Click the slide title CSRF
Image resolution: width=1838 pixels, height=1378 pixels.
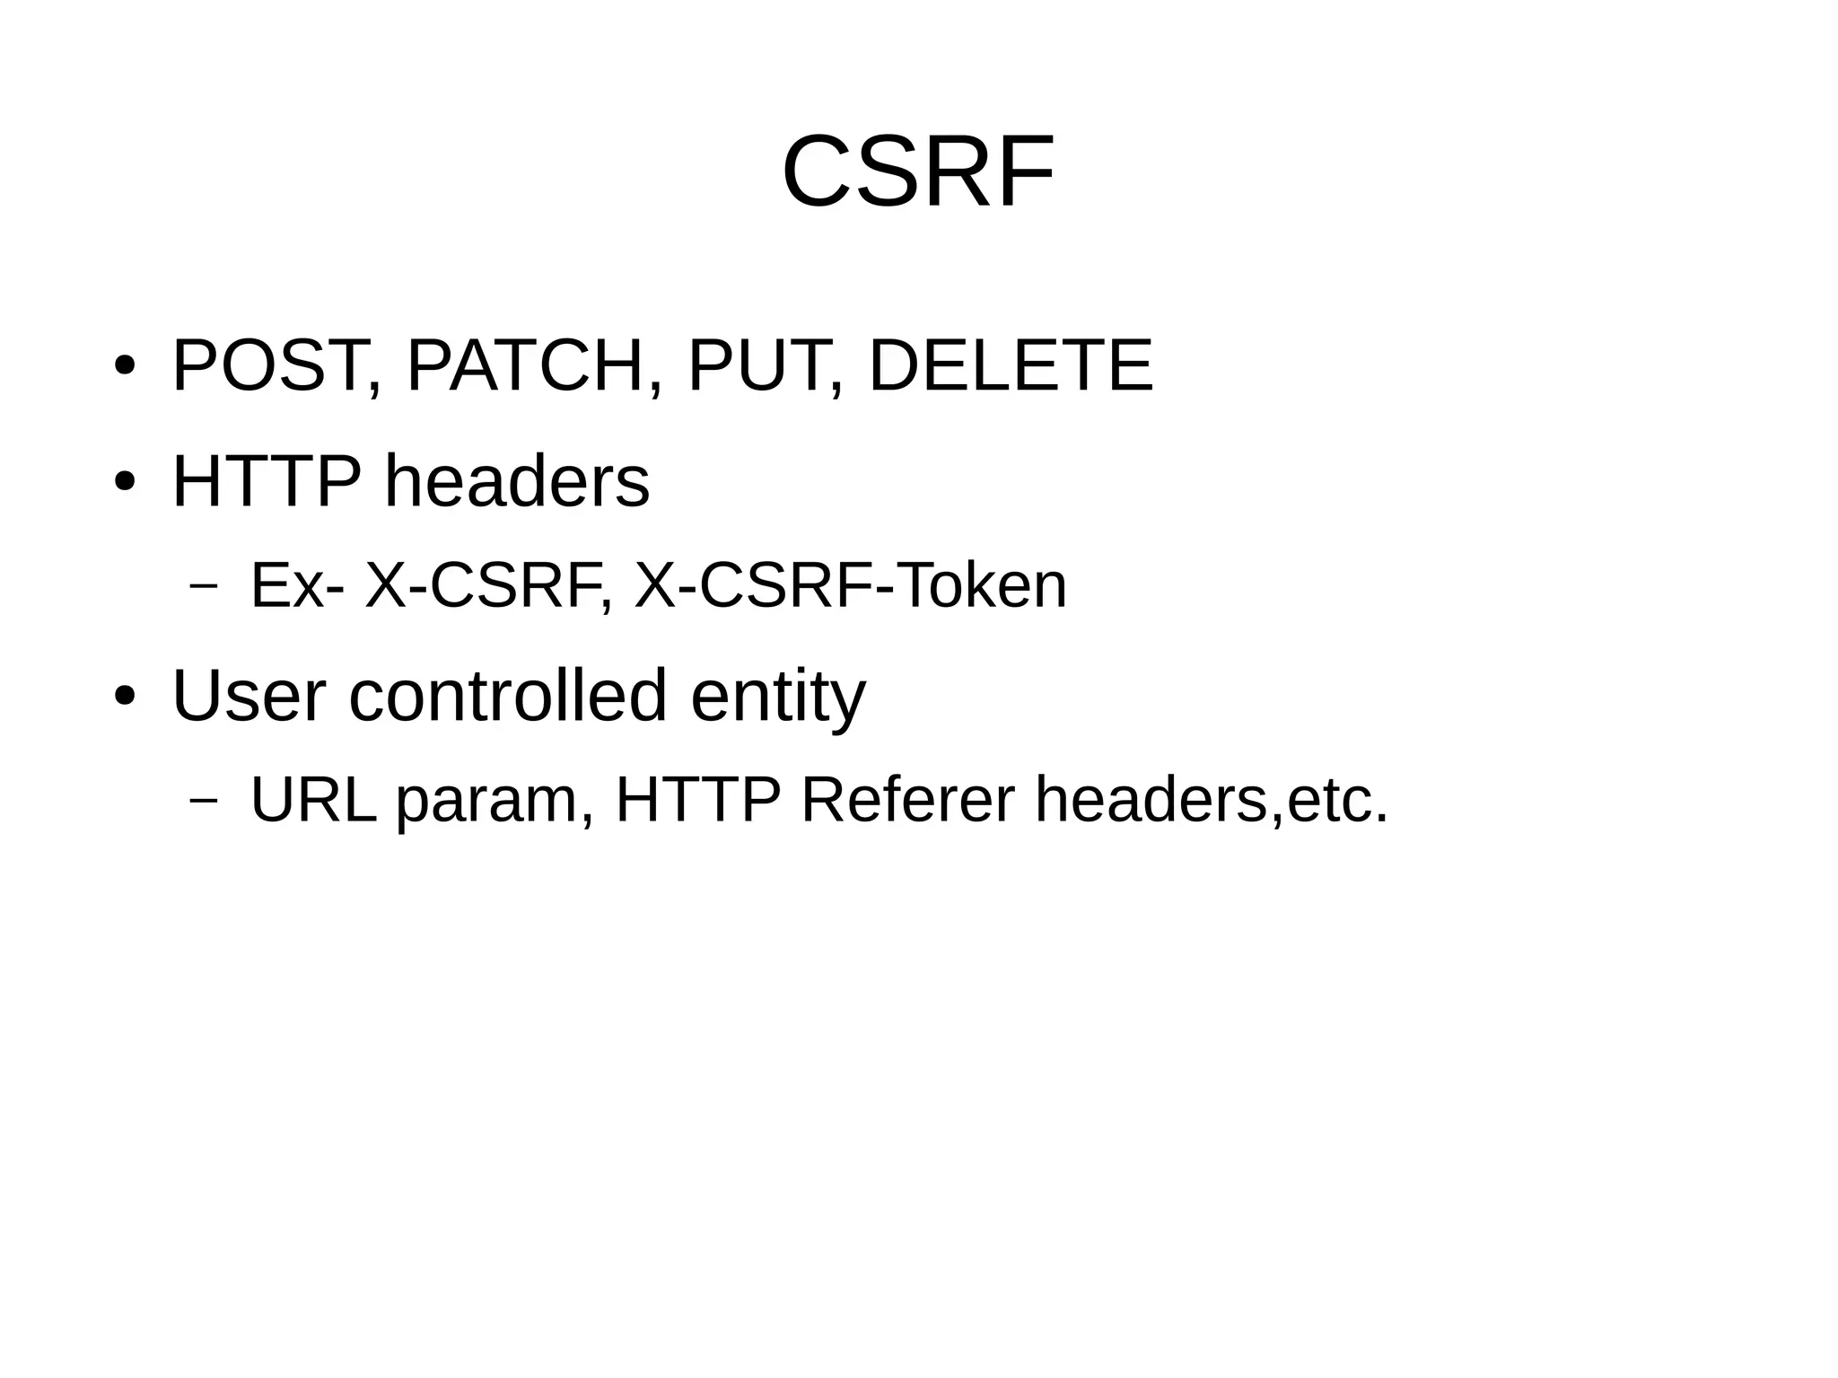coord(918,171)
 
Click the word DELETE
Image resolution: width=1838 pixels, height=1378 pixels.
coord(1011,365)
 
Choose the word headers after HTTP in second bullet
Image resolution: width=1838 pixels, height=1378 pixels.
coord(517,481)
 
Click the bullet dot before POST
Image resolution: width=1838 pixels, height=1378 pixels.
coord(125,366)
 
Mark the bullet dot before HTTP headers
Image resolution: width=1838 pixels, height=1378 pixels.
coord(125,482)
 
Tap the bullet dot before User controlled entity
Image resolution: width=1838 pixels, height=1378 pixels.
coord(125,696)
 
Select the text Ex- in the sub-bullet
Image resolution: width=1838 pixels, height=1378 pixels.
coord(297,585)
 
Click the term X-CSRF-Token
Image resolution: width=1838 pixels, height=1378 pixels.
coord(850,585)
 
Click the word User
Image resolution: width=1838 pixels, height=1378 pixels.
coord(249,695)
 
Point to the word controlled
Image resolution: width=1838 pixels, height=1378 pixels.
coord(507,695)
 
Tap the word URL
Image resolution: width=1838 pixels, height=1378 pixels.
coord(313,799)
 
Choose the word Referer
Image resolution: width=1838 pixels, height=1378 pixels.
coord(907,799)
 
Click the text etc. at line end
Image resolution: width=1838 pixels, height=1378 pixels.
coord(1337,799)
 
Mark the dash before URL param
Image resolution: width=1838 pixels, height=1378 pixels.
coord(204,801)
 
